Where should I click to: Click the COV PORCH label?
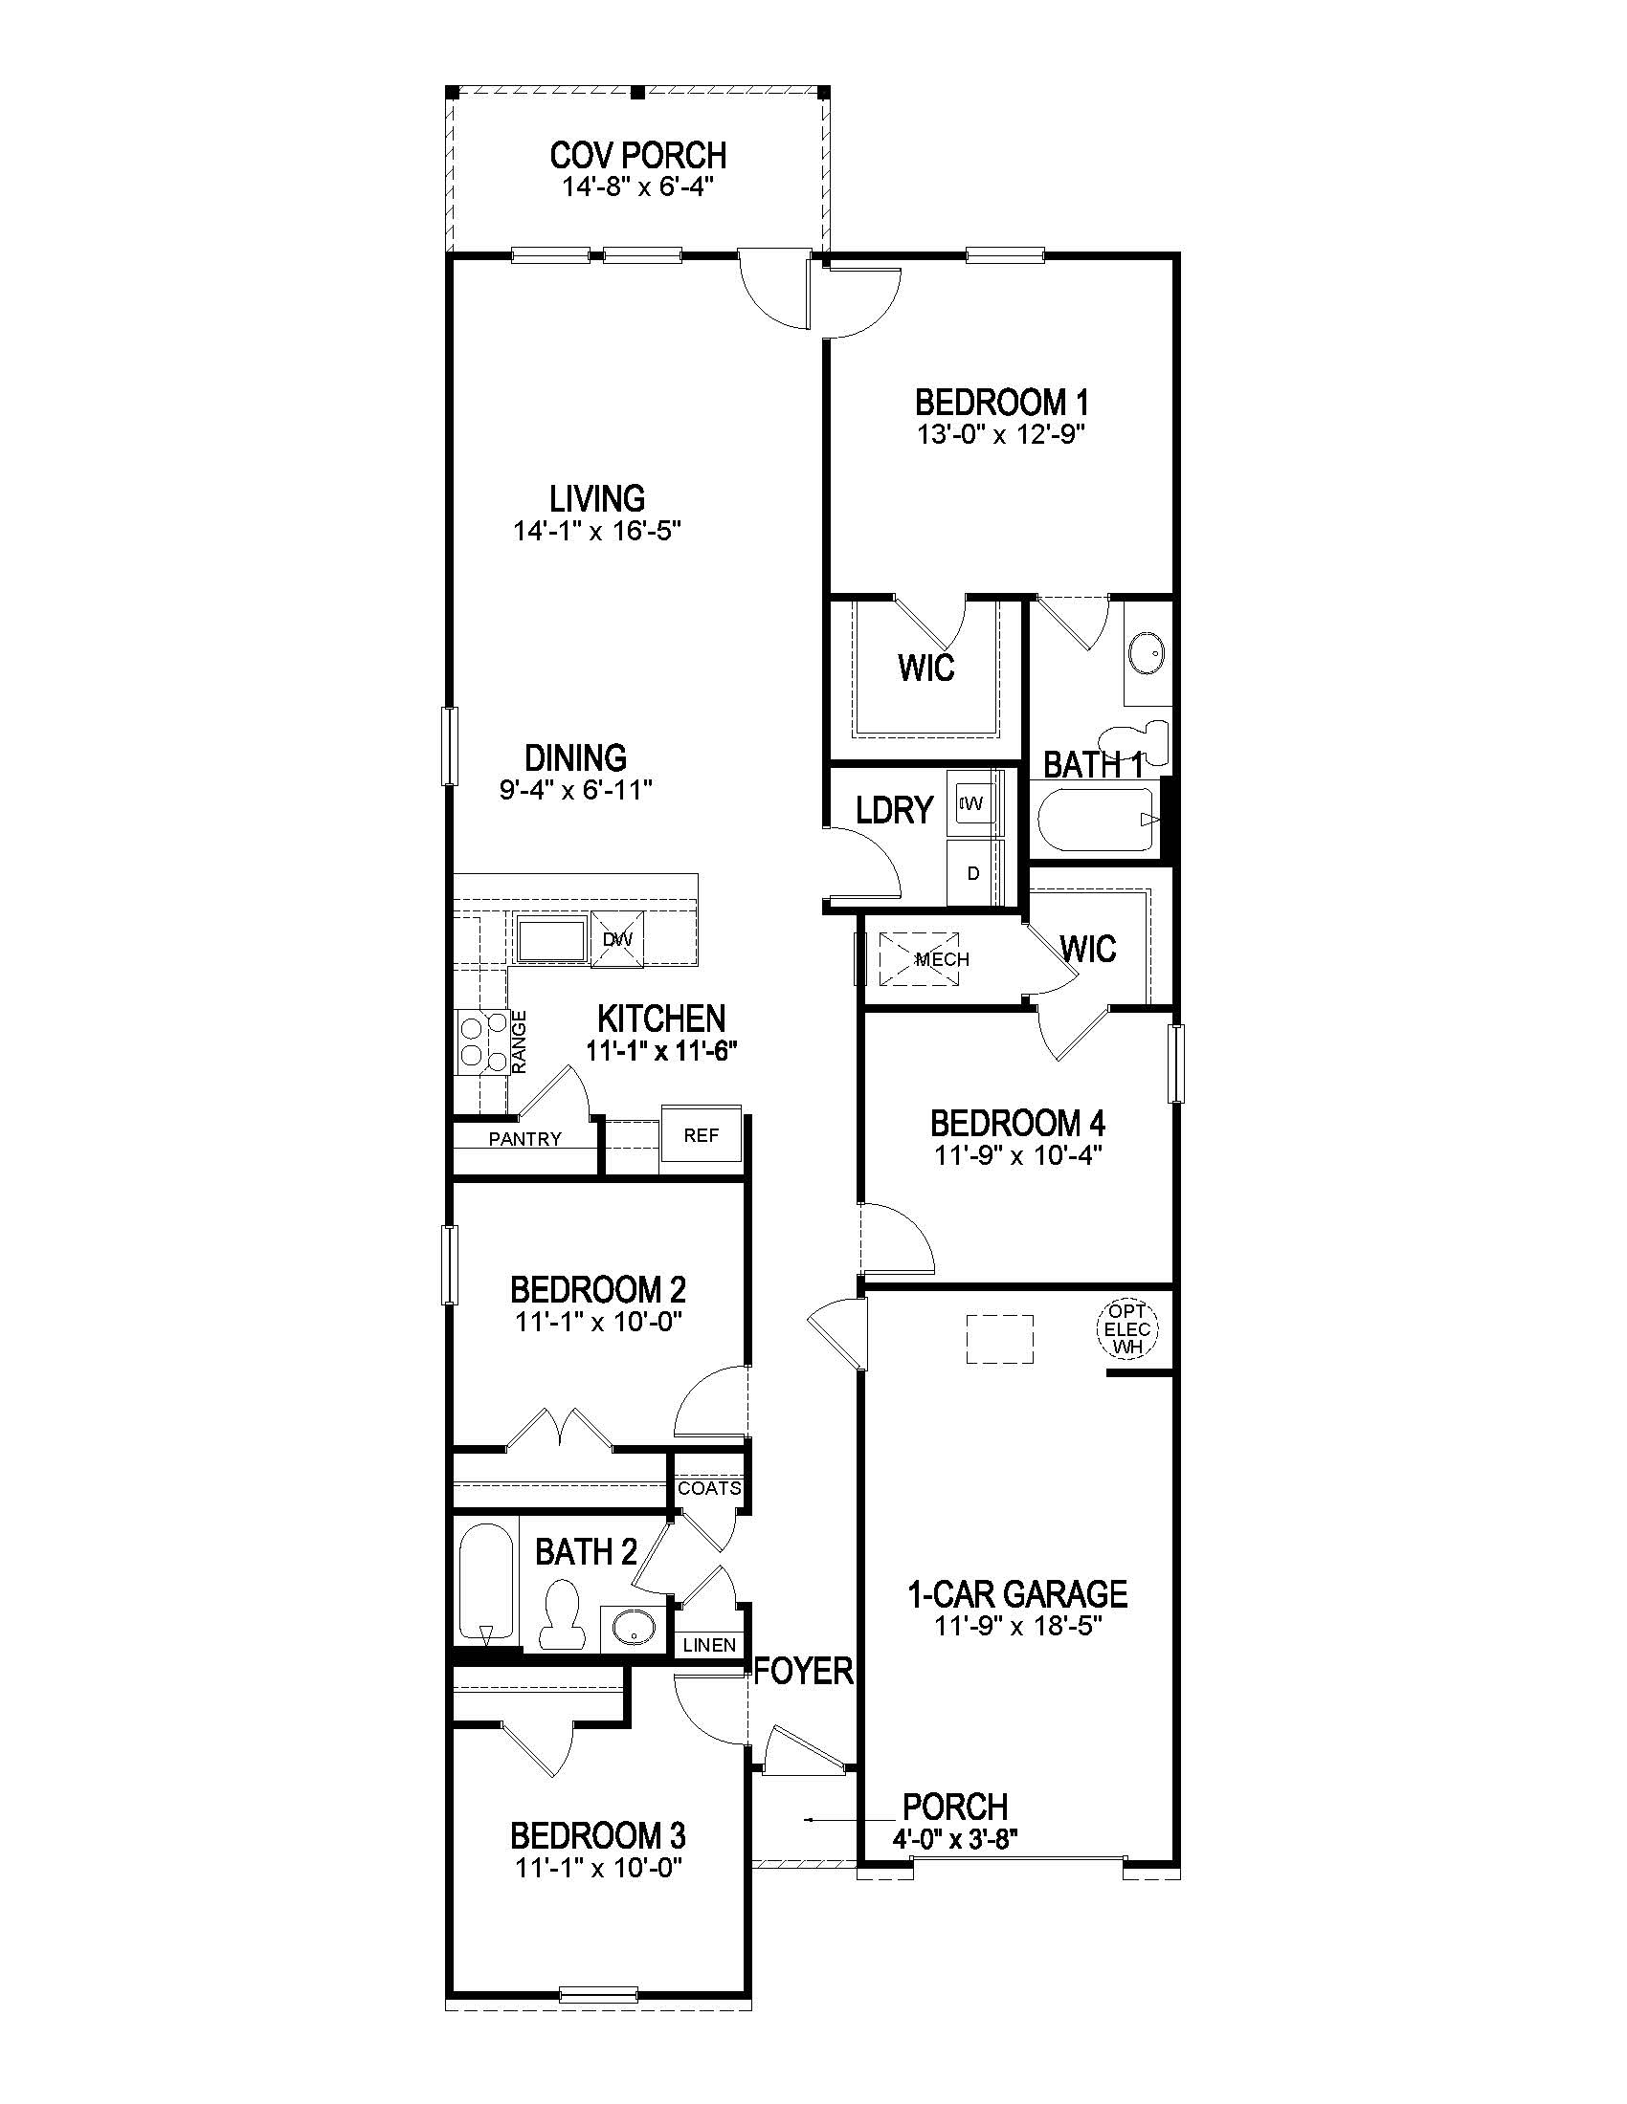point(638,155)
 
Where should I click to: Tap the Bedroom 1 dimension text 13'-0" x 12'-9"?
point(1001,434)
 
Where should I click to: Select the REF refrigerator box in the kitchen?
point(701,1135)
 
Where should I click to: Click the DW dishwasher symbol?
point(616,938)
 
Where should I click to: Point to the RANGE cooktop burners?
point(483,1041)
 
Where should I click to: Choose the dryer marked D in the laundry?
point(973,873)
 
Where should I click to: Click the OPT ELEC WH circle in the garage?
point(1126,1329)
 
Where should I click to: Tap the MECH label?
point(942,959)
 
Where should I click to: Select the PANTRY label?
point(524,1139)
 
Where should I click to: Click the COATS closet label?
point(709,1487)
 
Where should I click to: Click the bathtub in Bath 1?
point(1096,820)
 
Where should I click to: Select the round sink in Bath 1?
point(1146,653)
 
